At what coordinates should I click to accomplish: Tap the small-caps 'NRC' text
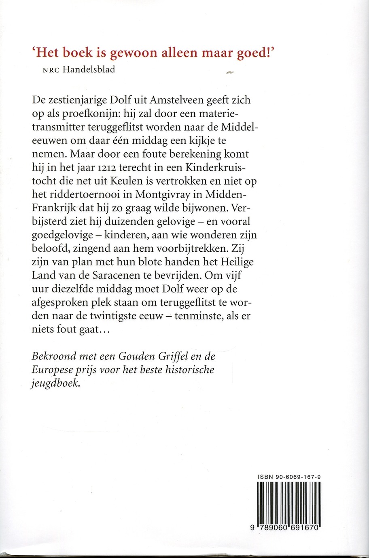click(51, 69)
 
